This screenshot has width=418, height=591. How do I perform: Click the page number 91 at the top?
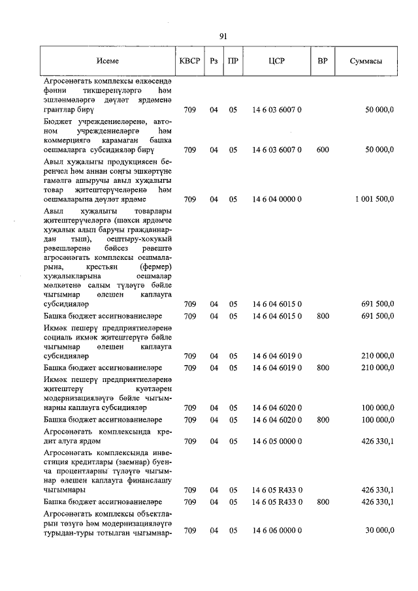click(x=223, y=37)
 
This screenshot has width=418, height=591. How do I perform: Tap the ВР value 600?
click(x=322, y=150)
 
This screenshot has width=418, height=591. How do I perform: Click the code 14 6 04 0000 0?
click(x=277, y=199)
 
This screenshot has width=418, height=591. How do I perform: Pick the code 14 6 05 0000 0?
click(x=277, y=441)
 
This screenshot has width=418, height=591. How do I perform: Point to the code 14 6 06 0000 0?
click(x=277, y=531)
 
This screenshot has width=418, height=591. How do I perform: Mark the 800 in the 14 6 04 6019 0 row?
click(x=322, y=368)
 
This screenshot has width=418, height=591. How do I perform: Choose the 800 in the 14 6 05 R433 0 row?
click(x=322, y=502)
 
